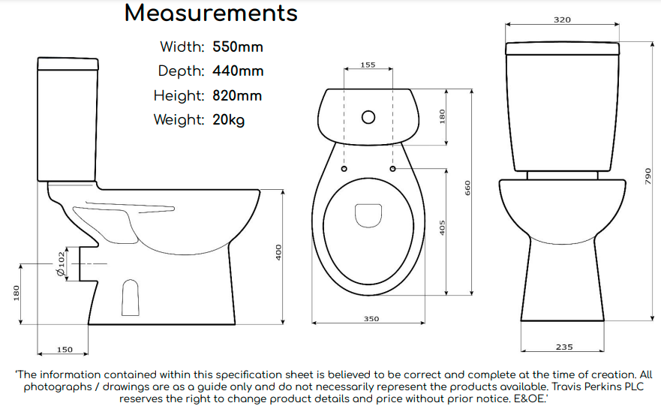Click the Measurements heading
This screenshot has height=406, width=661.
click(211, 14)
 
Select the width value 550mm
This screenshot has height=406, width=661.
click(238, 47)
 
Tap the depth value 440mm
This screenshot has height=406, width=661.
click(238, 71)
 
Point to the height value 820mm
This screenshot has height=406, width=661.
click(238, 96)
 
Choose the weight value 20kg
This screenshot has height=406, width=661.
click(228, 120)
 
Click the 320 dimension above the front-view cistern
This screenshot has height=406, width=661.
click(562, 20)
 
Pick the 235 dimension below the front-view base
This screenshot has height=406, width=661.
click(564, 347)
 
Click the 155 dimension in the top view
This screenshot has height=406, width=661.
click(368, 65)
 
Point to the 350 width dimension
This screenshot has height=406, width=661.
click(371, 319)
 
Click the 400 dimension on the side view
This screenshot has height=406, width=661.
click(278, 253)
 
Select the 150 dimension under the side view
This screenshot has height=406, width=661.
click(65, 350)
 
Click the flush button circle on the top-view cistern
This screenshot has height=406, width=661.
click(368, 118)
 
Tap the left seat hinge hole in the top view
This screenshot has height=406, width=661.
click(344, 169)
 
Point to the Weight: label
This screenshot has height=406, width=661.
click(179, 120)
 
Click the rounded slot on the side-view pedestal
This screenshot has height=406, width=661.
click(131, 296)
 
